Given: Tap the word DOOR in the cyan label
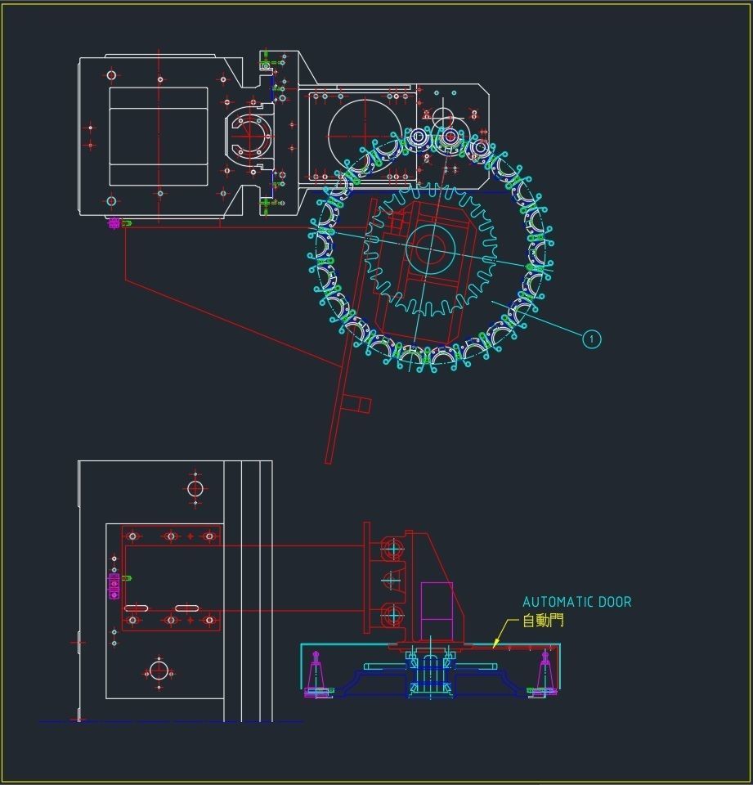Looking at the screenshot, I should coord(615,602).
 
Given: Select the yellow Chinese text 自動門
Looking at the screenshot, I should coord(543,621).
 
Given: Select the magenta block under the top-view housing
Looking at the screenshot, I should coord(114,222).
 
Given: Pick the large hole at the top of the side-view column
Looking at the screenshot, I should coord(195,488).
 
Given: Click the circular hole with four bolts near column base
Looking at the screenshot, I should coord(159,671).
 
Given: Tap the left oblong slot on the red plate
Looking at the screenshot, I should coord(136,608).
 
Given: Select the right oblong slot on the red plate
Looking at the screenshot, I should coord(186,608).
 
